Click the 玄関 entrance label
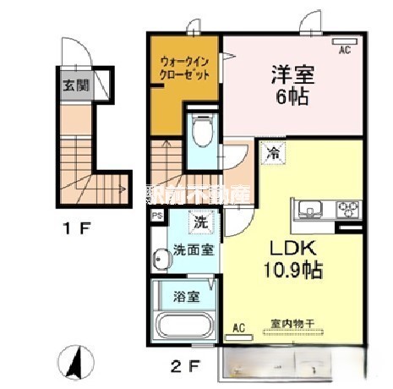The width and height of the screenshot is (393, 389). coord(72,85)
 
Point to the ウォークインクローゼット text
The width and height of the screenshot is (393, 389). coord(185,68)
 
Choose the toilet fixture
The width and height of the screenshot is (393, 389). coord(202,132)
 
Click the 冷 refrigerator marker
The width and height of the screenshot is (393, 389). coord(273,152)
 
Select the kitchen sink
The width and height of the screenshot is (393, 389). coord(308,209)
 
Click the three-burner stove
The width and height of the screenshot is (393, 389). coord(347,209)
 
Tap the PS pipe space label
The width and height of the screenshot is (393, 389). coord(156,216)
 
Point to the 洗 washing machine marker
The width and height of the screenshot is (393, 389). coord(201,224)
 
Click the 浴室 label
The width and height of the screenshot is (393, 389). coord(186,297)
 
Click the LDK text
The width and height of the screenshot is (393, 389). coord(292,249)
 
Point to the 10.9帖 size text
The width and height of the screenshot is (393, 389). coord(293,273)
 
